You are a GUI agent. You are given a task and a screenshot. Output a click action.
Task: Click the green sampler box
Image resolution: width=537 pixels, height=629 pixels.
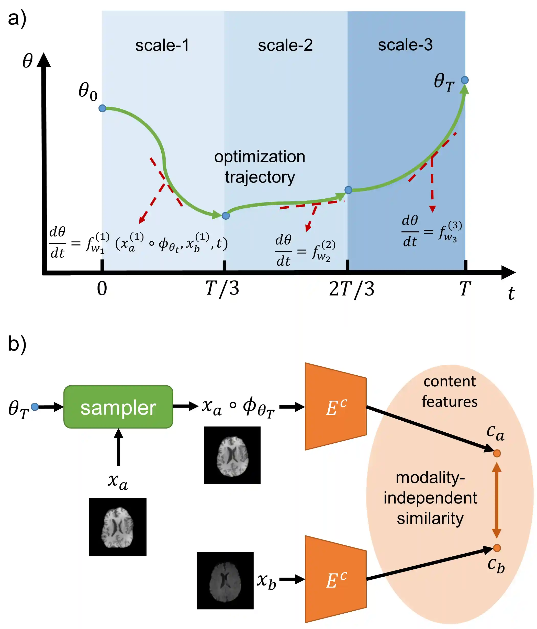coord(118,407)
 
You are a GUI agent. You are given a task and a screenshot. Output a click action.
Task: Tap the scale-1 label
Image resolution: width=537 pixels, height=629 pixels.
coord(162,46)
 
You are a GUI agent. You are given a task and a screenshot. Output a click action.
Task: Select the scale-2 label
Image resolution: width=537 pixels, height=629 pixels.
coord(285,46)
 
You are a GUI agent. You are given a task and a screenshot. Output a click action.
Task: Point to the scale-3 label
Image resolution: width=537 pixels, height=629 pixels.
coord(405,45)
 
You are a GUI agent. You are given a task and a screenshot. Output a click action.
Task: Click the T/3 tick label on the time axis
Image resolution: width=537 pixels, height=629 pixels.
coord(222,288)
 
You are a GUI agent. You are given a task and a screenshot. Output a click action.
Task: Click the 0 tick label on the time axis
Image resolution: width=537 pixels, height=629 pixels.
coord(102,289)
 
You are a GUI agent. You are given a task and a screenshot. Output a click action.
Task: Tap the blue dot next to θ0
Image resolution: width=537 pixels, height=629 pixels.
coord(102,108)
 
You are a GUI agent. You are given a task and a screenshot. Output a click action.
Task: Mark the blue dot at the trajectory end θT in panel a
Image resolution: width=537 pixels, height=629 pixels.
coord(464,80)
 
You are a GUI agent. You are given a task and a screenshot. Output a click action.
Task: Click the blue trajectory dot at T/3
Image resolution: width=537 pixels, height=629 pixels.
coord(226,216)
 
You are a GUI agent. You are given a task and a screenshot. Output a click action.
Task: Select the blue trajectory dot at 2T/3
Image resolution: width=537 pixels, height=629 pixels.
coord(348,190)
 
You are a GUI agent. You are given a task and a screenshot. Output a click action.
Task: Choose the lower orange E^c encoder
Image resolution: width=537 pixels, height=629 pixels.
coord(335,579)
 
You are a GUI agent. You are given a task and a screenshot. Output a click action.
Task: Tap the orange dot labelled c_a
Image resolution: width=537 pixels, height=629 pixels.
coord(497,454)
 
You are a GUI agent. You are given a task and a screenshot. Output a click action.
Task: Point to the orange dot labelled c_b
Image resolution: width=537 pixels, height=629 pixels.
coord(497,548)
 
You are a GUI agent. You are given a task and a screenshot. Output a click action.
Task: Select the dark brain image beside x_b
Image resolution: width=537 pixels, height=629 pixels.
coord(225,580)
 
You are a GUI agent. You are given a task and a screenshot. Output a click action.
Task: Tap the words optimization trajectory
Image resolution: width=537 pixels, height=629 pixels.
coord(260,167)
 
